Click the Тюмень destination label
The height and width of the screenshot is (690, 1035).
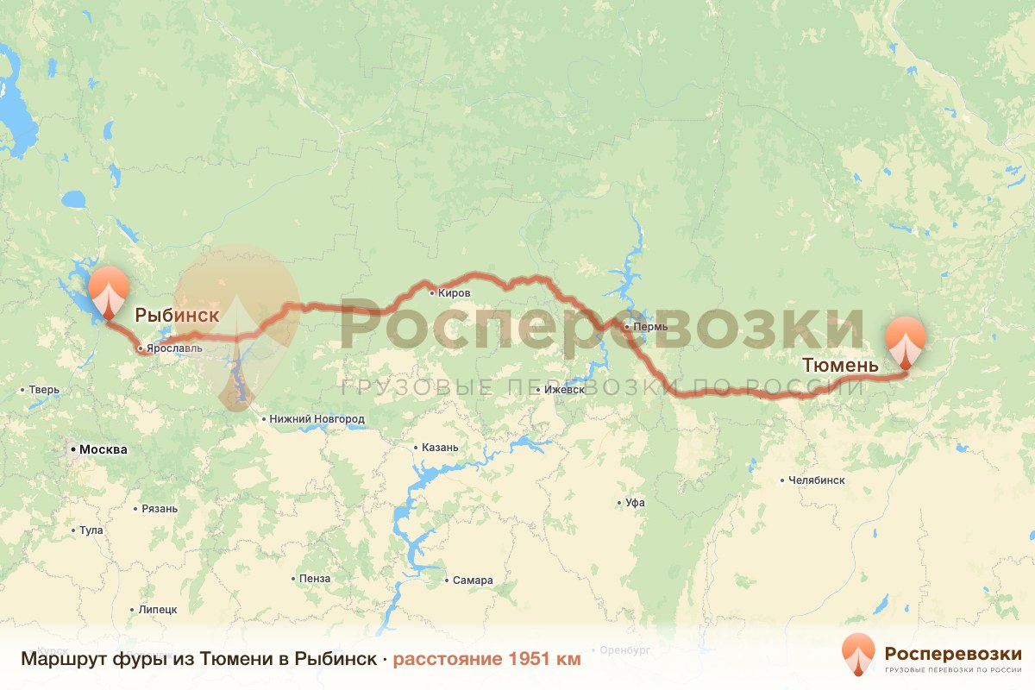pyautogui.click(x=840, y=365)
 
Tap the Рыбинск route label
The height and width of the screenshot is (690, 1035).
pyautogui.click(x=177, y=315)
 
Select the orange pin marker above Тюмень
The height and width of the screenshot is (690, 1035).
pyautogui.click(x=906, y=341)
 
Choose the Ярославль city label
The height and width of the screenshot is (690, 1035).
pyautogui.click(x=174, y=348)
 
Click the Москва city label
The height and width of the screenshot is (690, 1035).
pyautogui.click(x=103, y=449)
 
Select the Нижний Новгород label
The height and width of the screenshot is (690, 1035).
pyautogui.click(x=317, y=419)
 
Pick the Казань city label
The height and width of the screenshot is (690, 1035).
pyautogui.click(x=440, y=448)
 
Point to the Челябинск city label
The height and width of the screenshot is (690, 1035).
pyautogui.click(x=815, y=480)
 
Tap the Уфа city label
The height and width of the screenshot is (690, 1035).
pyautogui.click(x=637, y=502)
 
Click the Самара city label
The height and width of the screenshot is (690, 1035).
pyautogui.click(x=473, y=580)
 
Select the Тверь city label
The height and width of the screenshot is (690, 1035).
pyautogui.click(x=44, y=390)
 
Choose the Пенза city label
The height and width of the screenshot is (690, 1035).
pyautogui.click(x=315, y=578)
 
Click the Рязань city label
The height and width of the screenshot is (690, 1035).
pyautogui.click(x=160, y=508)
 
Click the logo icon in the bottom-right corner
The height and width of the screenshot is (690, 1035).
pyautogui.click(x=858, y=654)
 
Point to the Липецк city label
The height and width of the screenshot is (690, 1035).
pyautogui.click(x=158, y=609)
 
